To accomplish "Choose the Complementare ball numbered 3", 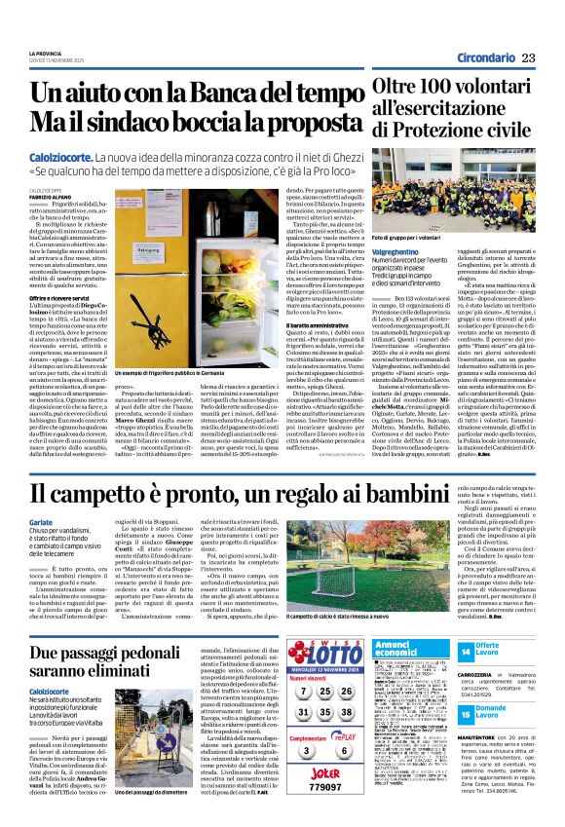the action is tap(305, 751).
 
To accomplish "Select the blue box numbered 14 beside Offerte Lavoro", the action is tap(466, 650).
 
